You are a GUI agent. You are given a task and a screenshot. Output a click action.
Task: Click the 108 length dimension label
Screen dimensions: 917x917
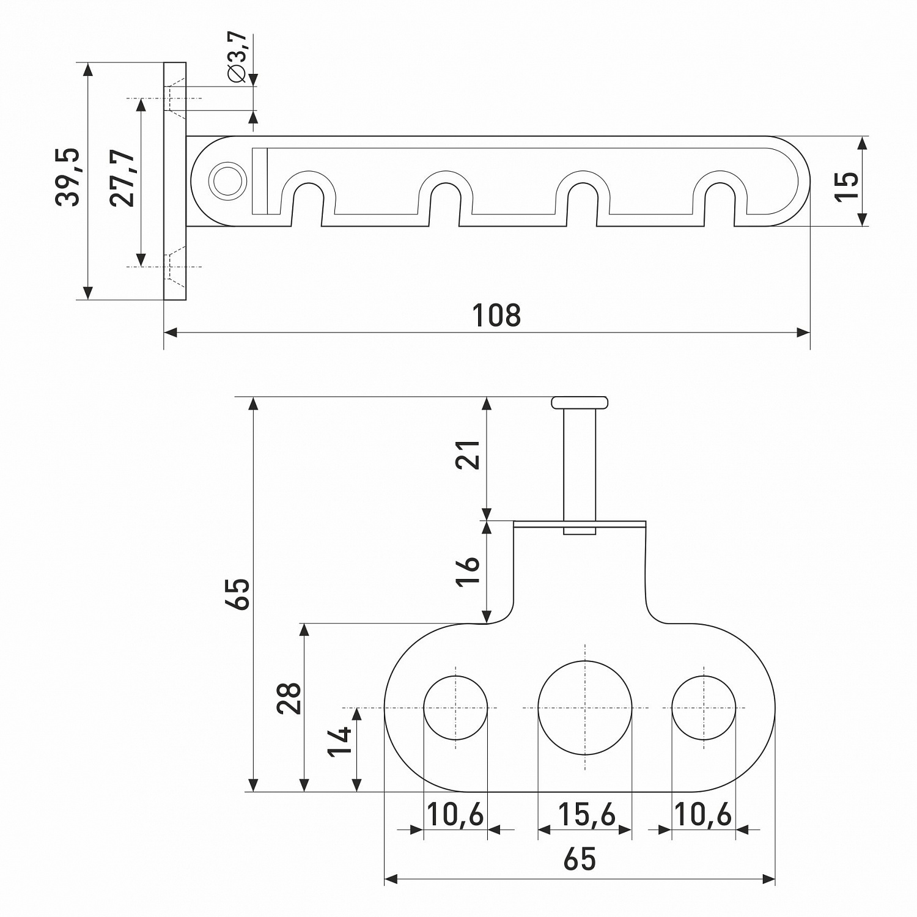[496, 315]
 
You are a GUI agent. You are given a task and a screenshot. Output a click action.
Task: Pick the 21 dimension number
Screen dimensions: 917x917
[469, 454]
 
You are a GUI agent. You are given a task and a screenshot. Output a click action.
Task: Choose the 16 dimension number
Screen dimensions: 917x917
[469, 572]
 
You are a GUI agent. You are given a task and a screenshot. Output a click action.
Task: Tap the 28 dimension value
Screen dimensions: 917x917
[289, 698]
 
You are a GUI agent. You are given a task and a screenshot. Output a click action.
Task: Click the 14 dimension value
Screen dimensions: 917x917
[340, 742]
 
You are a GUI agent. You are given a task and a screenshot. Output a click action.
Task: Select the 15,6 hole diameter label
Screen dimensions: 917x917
[586, 815]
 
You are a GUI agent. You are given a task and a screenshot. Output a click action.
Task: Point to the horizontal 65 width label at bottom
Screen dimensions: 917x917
[580, 860]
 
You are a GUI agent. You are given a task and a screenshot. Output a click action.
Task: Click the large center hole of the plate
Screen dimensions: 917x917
[585, 708]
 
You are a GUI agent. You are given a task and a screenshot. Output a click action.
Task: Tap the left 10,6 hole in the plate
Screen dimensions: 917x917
[455, 708]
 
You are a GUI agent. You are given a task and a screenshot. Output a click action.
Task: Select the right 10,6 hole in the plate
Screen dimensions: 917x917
[704, 708]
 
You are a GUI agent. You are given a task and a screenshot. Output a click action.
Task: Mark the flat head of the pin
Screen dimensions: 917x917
[580, 402]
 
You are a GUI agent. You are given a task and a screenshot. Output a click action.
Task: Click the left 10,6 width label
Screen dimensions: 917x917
[455, 815]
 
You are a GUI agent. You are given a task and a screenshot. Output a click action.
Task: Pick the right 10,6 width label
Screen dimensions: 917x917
[703, 815]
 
